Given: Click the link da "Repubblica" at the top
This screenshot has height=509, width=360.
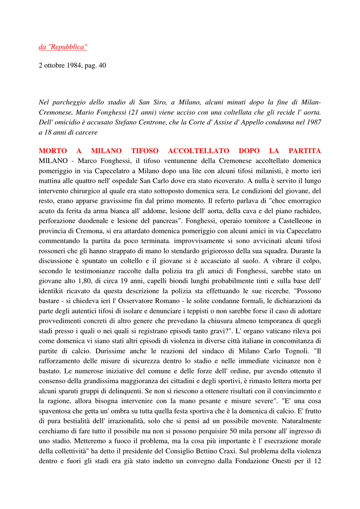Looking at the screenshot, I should coord(63,47).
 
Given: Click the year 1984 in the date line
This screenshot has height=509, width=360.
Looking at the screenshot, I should coord(74,66).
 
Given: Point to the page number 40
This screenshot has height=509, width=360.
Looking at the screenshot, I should coord(101,66).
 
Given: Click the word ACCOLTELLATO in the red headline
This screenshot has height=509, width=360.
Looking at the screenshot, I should coord(199,151).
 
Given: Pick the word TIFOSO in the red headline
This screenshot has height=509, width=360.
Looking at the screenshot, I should coord(145,151).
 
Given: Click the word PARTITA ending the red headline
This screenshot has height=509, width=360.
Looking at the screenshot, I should coord(304,151).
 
